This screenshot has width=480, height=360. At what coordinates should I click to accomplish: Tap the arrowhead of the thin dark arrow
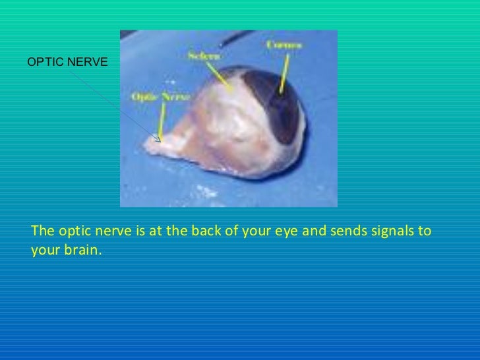pyautogui.click(x=158, y=139)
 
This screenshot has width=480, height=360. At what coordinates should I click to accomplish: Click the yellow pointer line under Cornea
pyautogui.click(x=284, y=73)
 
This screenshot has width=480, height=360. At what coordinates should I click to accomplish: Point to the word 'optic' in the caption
pyautogui.click(x=73, y=231)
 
